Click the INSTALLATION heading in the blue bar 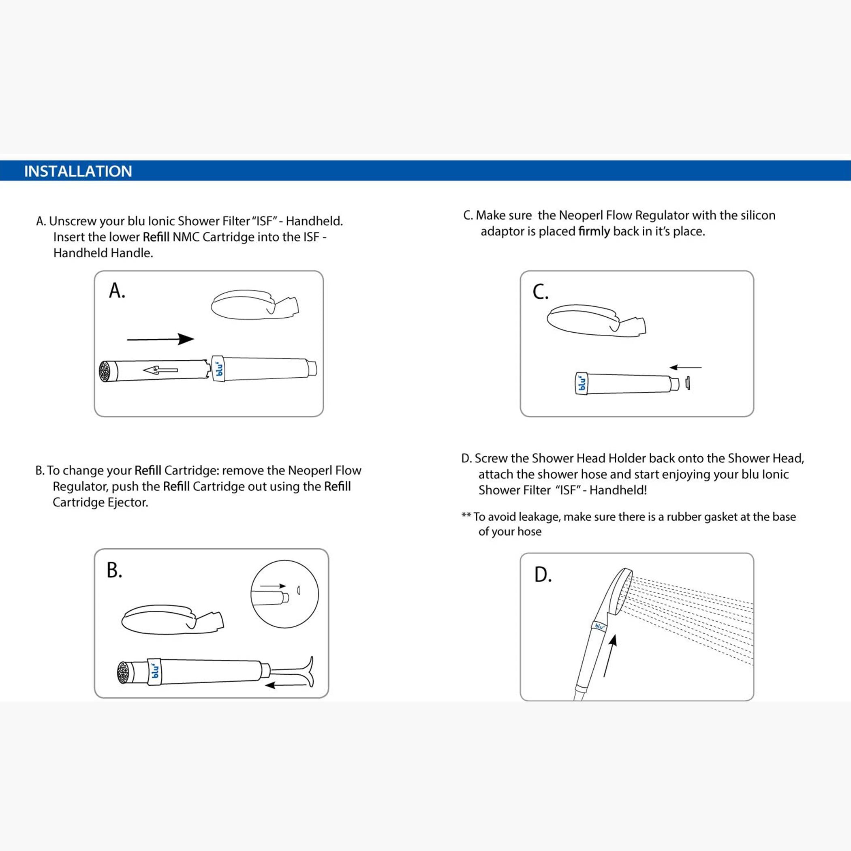(x=78, y=171)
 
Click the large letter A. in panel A (x=117, y=291)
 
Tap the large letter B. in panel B (x=115, y=570)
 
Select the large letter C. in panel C (x=541, y=292)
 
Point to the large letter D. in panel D (x=543, y=574)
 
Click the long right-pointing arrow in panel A (x=160, y=339)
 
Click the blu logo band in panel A (x=219, y=368)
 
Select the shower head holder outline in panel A (x=254, y=304)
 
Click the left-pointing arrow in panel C (x=685, y=367)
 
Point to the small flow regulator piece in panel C (x=687, y=383)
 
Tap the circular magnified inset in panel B (x=284, y=594)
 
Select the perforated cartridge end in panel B (x=123, y=673)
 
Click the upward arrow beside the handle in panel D (x=609, y=655)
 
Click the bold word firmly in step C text (x=594, y=231)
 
